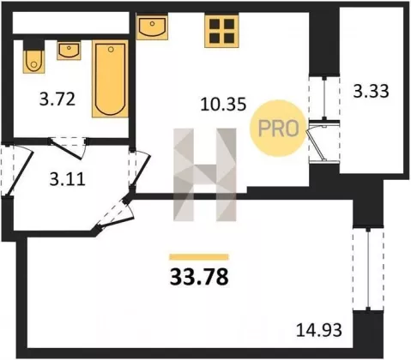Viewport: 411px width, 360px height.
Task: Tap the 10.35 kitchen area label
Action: [223, 104]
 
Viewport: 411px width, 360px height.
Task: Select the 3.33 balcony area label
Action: [371, 92]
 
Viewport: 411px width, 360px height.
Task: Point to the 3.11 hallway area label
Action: [67, 180]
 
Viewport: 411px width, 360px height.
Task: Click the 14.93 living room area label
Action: [318, 330]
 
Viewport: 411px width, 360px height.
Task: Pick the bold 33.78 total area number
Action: [199, 277]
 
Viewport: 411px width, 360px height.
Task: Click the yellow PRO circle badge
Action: [278, 128]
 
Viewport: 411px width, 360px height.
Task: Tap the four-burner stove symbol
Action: [221, 31]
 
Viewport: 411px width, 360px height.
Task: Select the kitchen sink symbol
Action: [152, 27]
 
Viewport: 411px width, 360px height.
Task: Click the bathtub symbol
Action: [110, 79]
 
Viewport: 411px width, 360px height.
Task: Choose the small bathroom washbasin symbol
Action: [69, 51]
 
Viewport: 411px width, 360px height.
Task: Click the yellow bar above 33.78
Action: [199, 257]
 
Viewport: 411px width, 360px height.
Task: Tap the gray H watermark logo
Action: [205, 175]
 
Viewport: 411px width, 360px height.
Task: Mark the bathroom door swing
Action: [68, 147]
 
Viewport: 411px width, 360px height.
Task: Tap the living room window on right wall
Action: [368, 268]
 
